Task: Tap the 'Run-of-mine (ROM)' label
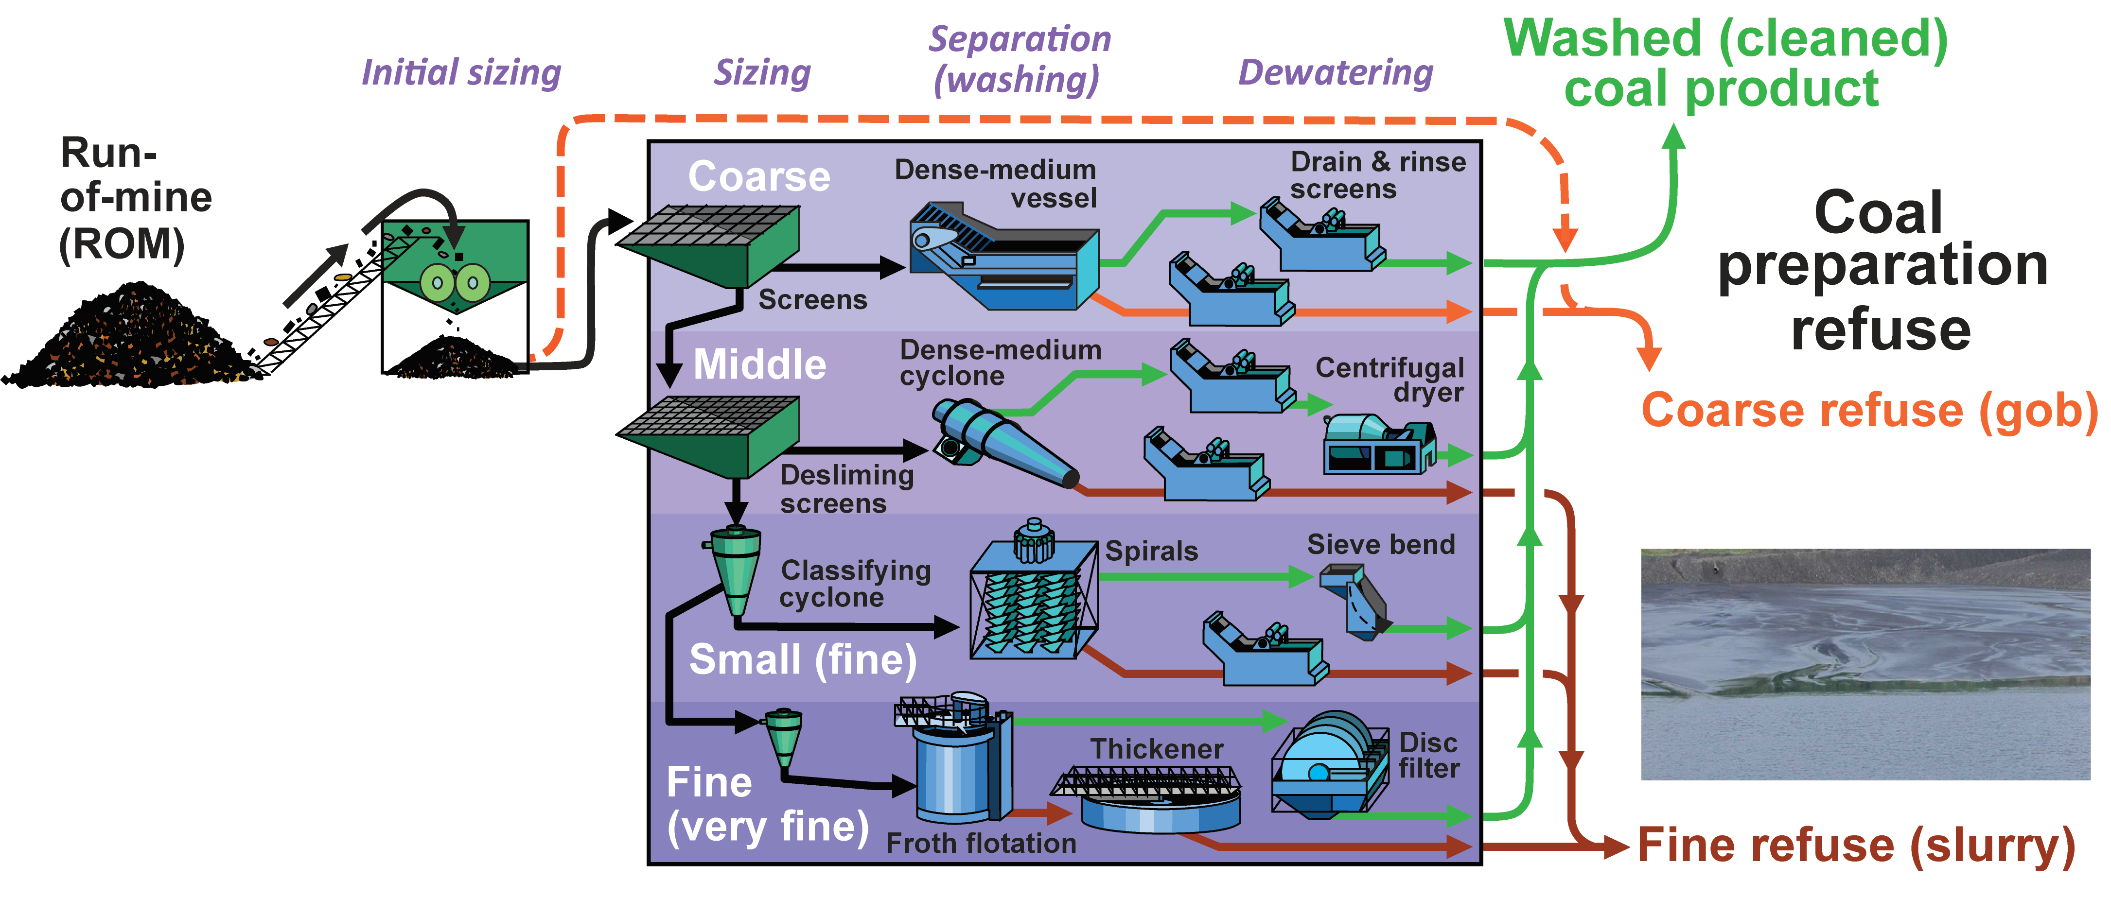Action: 135,198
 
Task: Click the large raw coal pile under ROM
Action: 131,340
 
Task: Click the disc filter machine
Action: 1328,766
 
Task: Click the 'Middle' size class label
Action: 760,364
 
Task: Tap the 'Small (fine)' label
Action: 803,659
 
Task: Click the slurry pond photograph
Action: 1865,664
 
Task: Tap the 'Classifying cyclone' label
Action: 855,584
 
